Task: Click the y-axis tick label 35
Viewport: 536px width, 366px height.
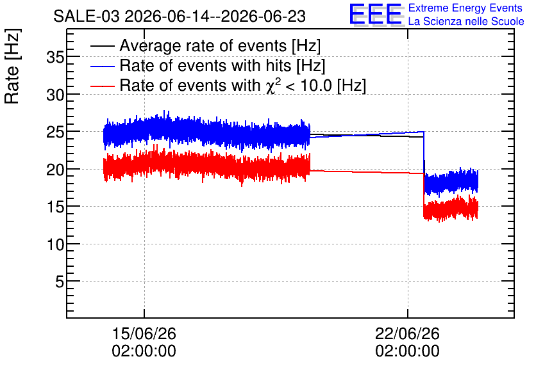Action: coord(55,58)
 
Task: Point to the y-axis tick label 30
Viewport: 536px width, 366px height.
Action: coord(55,95)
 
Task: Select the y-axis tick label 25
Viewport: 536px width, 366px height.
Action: coord(55,132)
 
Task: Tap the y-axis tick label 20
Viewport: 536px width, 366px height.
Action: coord(55,170)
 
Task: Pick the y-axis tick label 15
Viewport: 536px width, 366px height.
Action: coord(55,207)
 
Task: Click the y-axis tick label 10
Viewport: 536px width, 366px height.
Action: coord(55,244)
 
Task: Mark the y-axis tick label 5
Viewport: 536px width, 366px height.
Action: coord(60,282)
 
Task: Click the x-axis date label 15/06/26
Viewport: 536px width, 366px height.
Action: coord(144,333)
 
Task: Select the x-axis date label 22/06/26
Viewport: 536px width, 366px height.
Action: coord(408,333)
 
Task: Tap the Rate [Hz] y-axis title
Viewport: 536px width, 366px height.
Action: coord(12,66)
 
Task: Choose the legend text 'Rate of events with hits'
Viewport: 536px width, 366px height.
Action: coord(205,65)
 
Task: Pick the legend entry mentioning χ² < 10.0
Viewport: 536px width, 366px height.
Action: coord(243,85)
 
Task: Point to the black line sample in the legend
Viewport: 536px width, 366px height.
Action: coord(102,46)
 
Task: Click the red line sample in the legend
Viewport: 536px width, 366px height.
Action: coord(102,86)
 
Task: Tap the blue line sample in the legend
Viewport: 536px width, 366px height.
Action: coord(102,66)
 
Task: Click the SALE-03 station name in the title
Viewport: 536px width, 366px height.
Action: coord(87,17)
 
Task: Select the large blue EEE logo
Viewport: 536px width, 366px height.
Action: coord(376,14)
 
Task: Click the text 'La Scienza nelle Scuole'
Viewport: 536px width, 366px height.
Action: coord(466,21)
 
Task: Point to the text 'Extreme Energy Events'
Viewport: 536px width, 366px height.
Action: coord(465,8)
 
